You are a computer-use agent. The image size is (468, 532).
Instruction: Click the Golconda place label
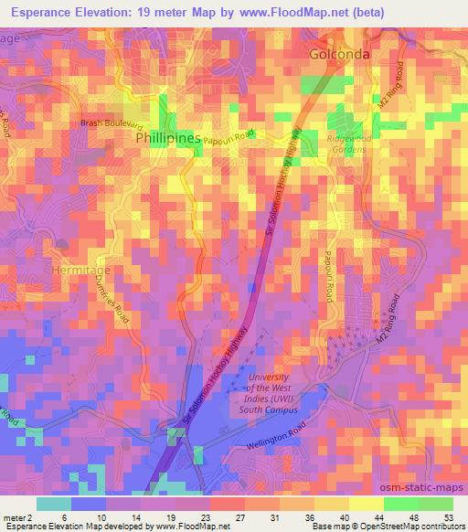coord(339,54)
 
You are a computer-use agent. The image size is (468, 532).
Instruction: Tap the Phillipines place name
coord(167,137)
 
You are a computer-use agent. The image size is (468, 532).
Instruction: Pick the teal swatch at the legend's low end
coord(54,504)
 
